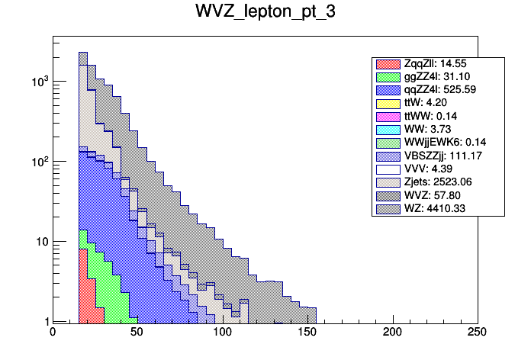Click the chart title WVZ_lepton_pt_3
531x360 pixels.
(x=265, y=15)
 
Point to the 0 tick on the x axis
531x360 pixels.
(x=53, y=333)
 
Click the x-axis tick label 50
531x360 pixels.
(x=137, y=333)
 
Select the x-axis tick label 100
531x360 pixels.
(x=223, y=333)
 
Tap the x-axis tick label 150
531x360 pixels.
(x=307, y=333)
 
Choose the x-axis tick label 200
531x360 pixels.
(x=393, y=333)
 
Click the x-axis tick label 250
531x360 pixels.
(x=478, y=333)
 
